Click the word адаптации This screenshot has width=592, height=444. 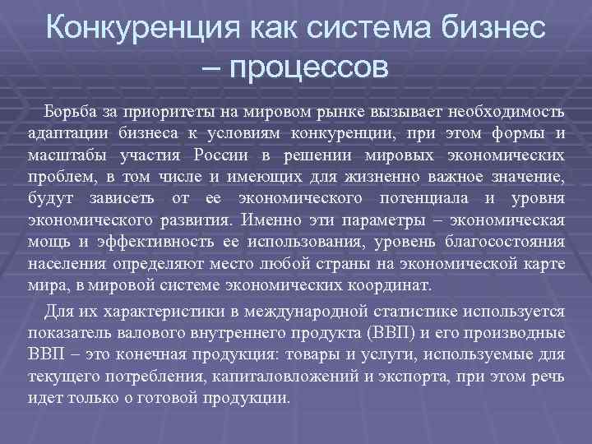[x=62, y=134]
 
